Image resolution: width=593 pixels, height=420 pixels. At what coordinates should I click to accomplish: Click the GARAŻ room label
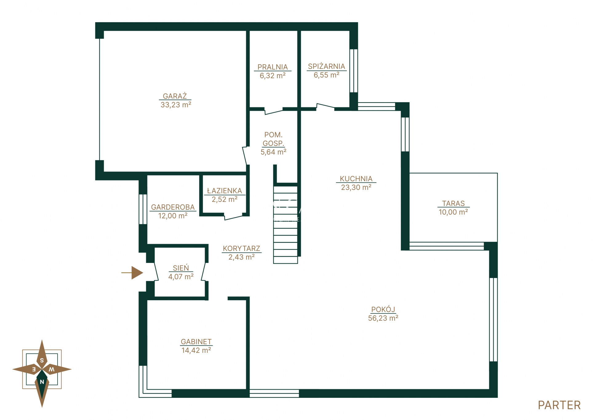point(175,96)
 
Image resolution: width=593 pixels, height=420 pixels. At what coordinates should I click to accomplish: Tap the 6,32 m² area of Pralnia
point(273,76)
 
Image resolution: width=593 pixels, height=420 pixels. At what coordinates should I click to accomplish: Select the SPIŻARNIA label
point(327,67)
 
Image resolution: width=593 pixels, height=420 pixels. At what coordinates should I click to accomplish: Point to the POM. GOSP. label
point(273,139)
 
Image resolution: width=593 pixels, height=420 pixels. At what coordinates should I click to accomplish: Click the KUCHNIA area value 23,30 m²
point(356,188)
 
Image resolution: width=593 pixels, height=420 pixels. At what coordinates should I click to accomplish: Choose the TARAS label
point(453,204)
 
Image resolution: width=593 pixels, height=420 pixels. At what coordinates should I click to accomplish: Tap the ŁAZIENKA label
point(224,191)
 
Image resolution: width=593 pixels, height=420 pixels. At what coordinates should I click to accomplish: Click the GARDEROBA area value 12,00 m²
point(173,216)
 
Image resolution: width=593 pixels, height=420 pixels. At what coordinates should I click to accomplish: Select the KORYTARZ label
point(242,248)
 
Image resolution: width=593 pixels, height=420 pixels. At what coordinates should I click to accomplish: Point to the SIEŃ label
point(181,268)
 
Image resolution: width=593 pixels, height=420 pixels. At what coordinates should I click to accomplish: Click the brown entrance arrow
point(132,273)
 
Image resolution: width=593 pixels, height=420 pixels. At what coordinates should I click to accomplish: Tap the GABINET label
point(196,342)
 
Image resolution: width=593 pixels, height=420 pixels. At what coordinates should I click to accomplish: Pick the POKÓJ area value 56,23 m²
point(383,318)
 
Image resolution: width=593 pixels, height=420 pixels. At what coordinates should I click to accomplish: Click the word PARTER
point(559,405)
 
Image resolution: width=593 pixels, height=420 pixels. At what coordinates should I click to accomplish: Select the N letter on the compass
point(42,382)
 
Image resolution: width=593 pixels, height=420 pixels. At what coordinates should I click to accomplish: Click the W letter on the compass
point(52,369)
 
